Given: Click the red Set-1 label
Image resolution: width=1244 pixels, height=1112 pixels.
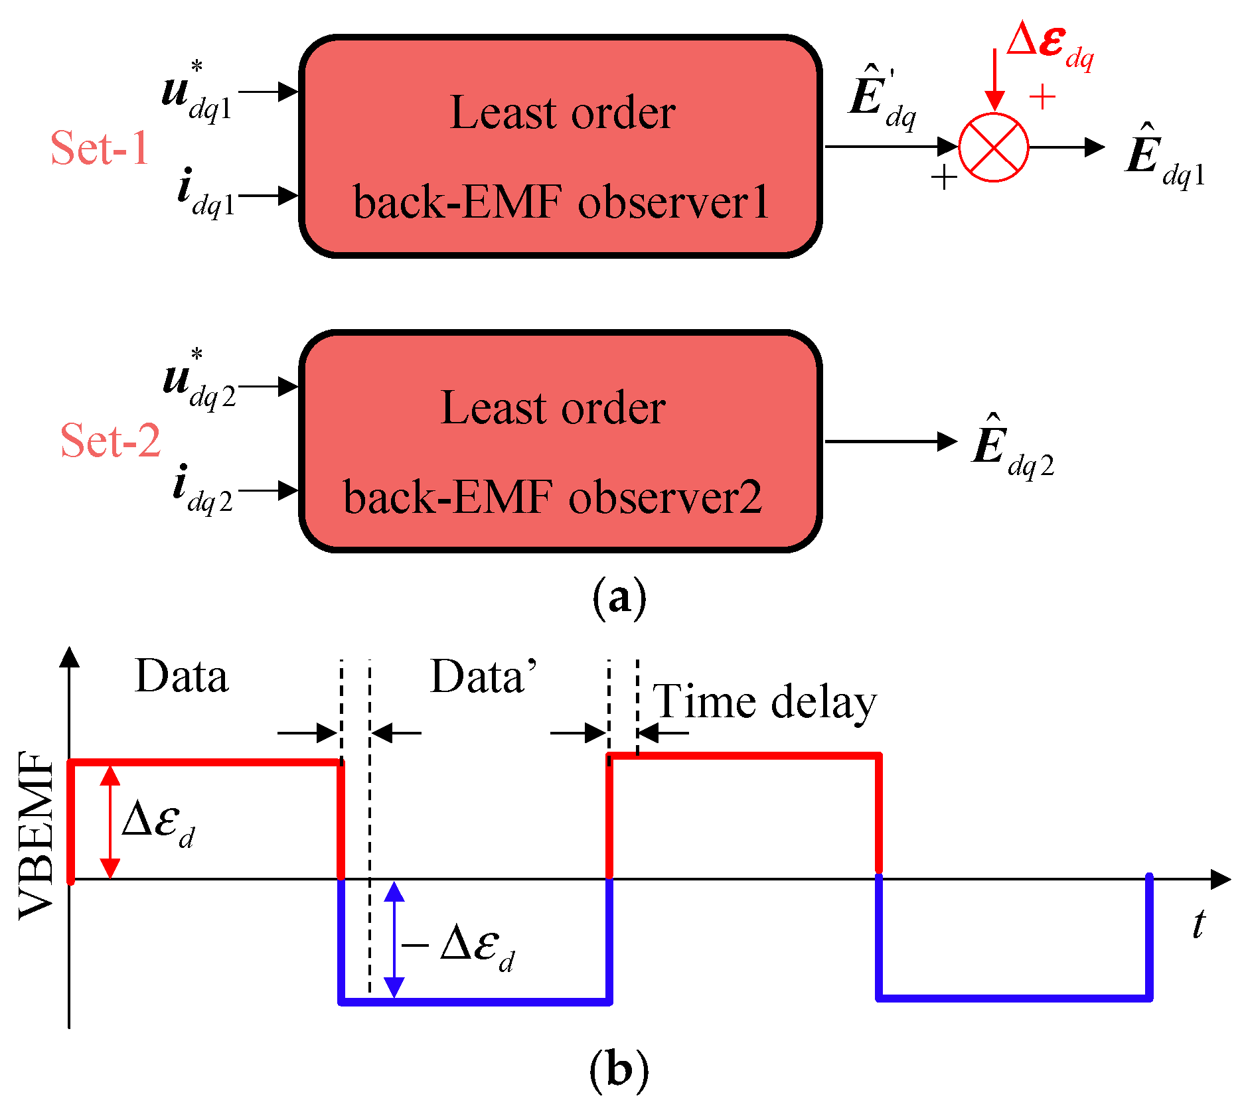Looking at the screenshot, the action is pyautogui.click(x=100, y=147).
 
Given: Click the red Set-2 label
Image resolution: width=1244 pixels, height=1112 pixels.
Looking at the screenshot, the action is pyautogui.click(x=110, y=440).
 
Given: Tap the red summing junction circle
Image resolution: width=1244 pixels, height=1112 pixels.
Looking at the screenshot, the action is pyautogui.click(x=994, y=147).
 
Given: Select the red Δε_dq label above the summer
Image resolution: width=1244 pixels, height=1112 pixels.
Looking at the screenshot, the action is pyautogui.click(x=1050, y=47).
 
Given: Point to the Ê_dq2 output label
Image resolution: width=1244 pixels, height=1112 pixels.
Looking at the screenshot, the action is pyautogui.click(x=1013, y=447).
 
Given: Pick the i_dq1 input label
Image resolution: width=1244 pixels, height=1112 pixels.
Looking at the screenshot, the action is pyautogui.click(x=206, y=193).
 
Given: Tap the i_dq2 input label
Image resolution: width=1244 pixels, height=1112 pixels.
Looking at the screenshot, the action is pyautogui.click(x=202, y=490).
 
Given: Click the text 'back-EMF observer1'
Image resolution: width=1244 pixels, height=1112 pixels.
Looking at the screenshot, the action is pyautogui.click(x=561, y=202).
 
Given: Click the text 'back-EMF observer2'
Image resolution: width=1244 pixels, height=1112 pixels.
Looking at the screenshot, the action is pyautogui.click(x=552, y=497).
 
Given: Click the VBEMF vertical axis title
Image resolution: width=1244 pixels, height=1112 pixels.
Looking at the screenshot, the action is pyautogui.click(x=36, y=835).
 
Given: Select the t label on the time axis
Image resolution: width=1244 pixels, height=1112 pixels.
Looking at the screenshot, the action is pyautogui.click(x=1198, y=924).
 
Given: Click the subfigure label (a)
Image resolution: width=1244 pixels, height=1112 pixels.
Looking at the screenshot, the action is pyautogui.click(x=619, y=598).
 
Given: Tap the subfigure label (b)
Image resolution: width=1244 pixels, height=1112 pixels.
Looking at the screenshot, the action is pyautogui.click(x=619, y=1070).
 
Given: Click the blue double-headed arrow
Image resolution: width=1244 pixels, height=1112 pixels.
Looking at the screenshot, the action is pyautogui.click(x=394, y=939).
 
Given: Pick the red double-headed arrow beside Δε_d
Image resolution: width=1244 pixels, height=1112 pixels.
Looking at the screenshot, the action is pyautogui.click(x=110, y=822).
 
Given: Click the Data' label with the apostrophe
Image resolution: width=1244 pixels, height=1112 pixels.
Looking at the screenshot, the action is pyautogui.click(x=483, y=677).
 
